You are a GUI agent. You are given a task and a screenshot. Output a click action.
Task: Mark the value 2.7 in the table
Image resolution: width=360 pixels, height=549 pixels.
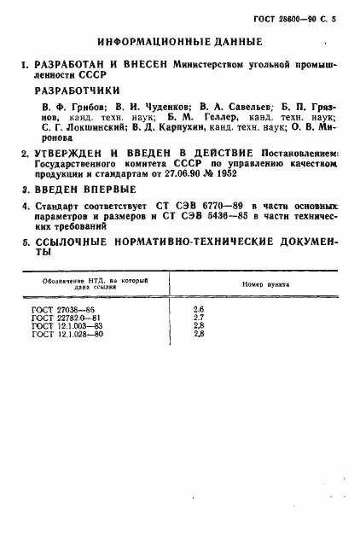(x=199, y=317)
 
